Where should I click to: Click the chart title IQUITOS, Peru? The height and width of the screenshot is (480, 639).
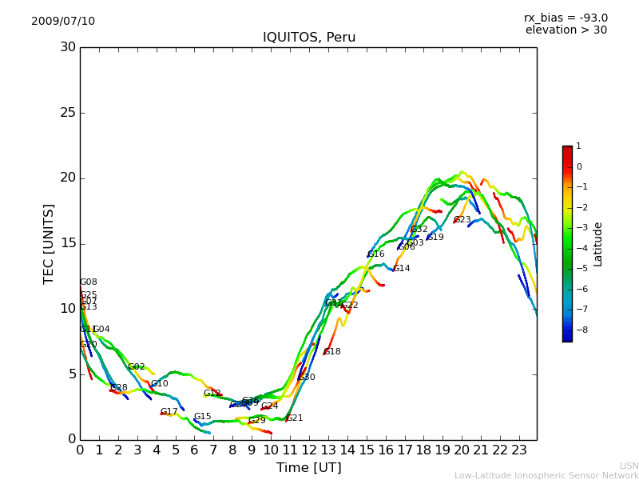pyautogui.click(x=309, y=38)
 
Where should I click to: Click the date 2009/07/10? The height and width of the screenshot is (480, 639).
pyautogui.click(x=63, y=22)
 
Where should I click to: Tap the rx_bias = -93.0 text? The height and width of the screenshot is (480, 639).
pyautogui.click(x=566, y=18)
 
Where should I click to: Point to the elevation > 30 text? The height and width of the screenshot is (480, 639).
pyautogui.click(x=566, y=30)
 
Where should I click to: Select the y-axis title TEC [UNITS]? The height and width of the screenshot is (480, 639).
pyautogui.click(x=49, y=243)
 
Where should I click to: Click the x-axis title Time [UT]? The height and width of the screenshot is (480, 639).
pyautogui.click(x=308, y=468)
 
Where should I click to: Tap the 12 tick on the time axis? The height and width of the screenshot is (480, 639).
pyautogui.click(x=309, y=450)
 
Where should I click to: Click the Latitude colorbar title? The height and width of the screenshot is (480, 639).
pyautogui.click(x=598, y=244)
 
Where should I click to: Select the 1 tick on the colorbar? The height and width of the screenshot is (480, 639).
pyautogui.click(x=578, y=146)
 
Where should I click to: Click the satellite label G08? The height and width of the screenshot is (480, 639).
pyautogui.click(x=89, y=282)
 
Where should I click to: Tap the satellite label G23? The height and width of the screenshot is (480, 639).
pyautogui.click(x=462, y=220)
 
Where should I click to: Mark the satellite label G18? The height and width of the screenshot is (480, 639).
pyautogui.click(x=332, y=352)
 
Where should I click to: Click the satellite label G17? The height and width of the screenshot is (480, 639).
pyautogui.click(x=169, y=412)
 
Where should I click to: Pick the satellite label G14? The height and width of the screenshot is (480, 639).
pyautogui.click(x=402, y=269)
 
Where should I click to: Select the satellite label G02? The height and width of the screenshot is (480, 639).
pyautogui.click(x=137, y=367)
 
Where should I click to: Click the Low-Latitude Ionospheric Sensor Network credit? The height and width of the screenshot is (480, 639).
pyautogui.click(x=546, y=476)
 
